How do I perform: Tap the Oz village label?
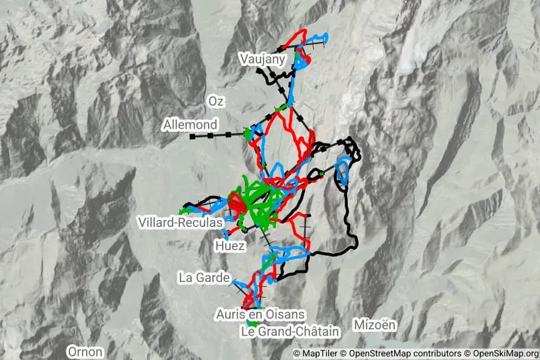click(x=216, y=101)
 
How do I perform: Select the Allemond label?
click(x=190, y=125)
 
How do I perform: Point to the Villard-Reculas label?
click(x=180, y=222)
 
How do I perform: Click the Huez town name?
click(x=230, y=246)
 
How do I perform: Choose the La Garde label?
click(x=204, y=278)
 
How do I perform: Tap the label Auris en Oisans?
click(x=259, y=314)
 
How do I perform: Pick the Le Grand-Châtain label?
click(x=289, y=331)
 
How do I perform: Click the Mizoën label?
click(x=375, y=325)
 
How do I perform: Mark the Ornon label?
click(x=85, y=352)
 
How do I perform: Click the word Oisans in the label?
click(x=285, y=314)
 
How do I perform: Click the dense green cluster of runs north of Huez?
click(x=259, y=201)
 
